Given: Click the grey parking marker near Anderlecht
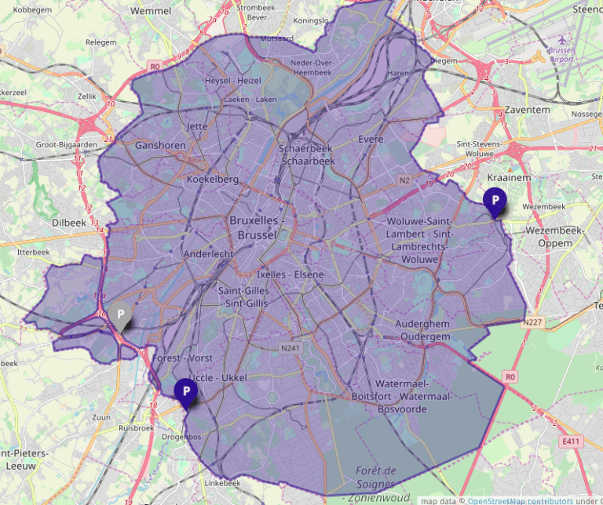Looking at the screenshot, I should click(x=121, y=314).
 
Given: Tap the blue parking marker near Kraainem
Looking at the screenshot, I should click(x=495, y=202).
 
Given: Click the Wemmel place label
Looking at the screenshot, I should click(x=152, y=11).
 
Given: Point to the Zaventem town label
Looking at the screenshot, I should click(x=527, y=110).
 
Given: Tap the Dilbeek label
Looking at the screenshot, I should click(x=69, y=223).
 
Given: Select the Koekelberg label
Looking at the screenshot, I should click(x=212, y=180).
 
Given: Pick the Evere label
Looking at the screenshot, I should click(x=371, y=139).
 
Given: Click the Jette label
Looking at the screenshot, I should click(x=196, y=125).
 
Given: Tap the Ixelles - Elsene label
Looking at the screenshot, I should click(x=291, y=275).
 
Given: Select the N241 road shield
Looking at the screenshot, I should click(x=291, y=347).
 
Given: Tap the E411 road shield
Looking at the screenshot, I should click(x=571, y=442).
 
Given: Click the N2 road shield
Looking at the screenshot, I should click(x=405, y=180).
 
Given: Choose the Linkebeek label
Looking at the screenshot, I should click(x=222, y=483).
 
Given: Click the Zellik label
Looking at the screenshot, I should click(x=86, y=96).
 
